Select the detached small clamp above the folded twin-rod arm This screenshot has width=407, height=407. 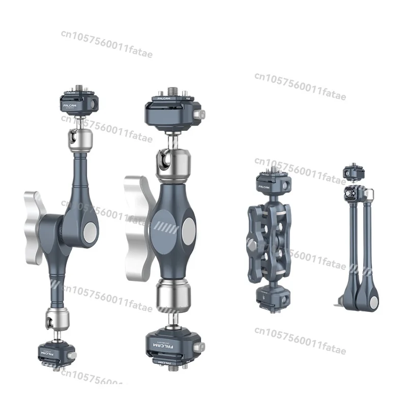(353, 172)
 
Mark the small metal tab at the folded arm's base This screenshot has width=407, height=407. (338, 305)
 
